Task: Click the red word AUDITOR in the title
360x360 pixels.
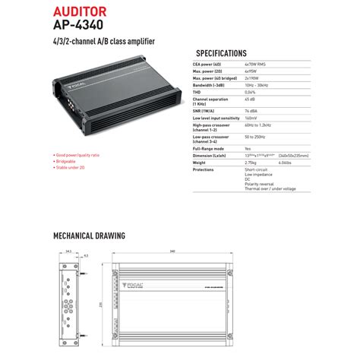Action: click(80, 12)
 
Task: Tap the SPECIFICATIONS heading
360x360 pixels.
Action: click(221, 54)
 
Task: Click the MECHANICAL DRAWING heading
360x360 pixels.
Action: click(89, 236)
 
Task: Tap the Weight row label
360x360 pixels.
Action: click(201, 162)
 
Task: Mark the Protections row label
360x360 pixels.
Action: click(205, 169)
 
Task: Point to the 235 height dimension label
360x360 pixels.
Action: click(102, 305)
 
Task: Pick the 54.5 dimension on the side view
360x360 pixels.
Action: click(68, 251)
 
